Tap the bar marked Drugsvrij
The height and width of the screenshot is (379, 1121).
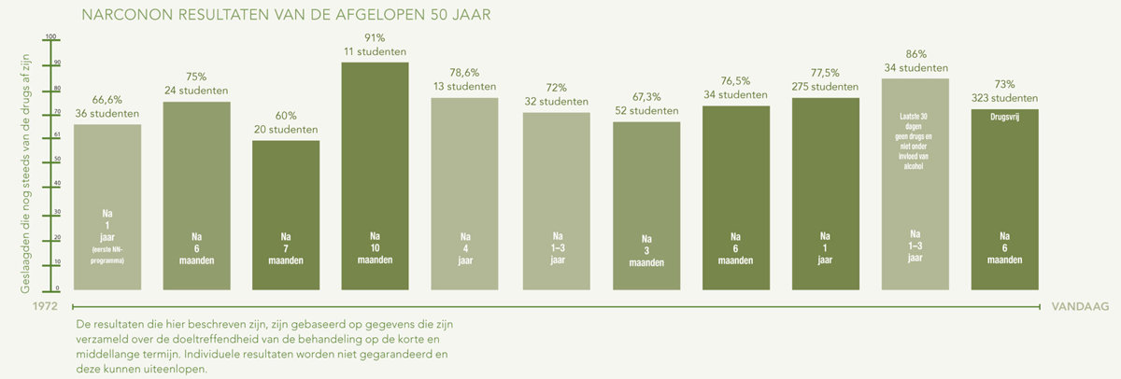click(1004, 187)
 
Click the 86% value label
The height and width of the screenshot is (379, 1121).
click(915, 54)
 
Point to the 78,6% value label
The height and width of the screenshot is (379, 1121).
click(464, 72)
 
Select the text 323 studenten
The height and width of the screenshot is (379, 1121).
click(1004, 97)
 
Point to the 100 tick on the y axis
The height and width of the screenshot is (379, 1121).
click(50, 37)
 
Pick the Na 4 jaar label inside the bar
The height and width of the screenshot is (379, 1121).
click(464, 247)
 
